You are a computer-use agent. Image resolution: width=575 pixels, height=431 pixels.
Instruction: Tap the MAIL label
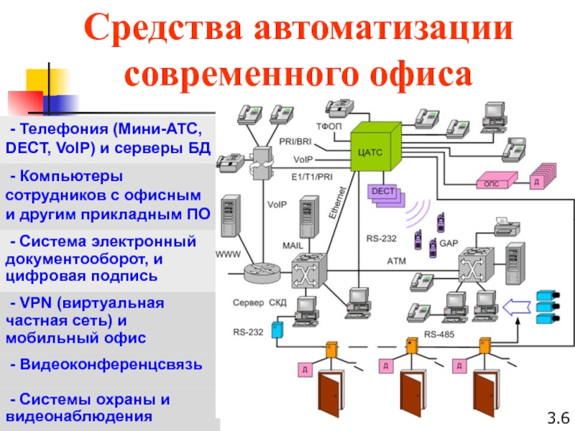[293, 245]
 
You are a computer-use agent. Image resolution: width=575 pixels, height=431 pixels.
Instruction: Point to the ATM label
[397, 259]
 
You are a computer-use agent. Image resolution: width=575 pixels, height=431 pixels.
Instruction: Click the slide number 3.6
[557, 417]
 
